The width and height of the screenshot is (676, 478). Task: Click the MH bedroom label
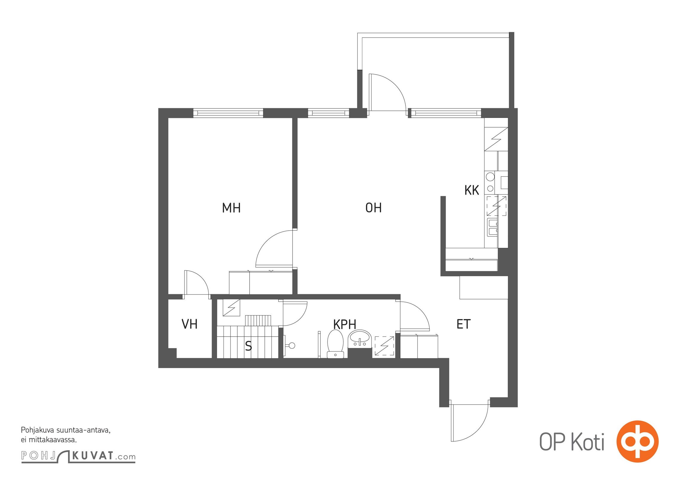[231, 208]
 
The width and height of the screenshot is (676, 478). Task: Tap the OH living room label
[374, 208]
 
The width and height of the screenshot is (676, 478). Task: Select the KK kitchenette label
[472, 190]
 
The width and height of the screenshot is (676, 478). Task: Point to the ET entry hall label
[464, 324]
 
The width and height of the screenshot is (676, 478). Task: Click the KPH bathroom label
[345, 324]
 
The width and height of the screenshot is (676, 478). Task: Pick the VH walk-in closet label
[189, 324]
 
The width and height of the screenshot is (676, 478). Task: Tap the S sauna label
[248, 346]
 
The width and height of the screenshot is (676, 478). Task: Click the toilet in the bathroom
[335, 344]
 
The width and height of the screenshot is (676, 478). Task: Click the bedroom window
[228, 113]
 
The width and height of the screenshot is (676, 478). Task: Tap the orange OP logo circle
[637, 442]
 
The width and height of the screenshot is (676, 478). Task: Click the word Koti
[588, 442]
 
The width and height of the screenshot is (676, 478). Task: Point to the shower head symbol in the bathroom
[290, 346]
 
